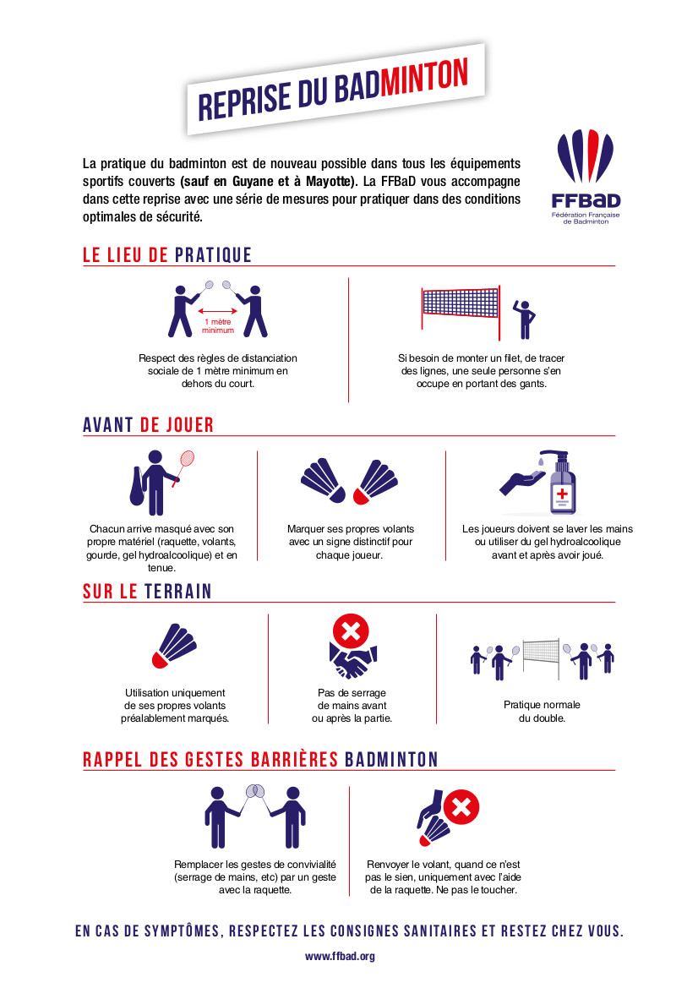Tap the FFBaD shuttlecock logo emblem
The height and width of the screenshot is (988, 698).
click(586, 156)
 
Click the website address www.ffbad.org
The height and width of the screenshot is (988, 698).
click(341, 956)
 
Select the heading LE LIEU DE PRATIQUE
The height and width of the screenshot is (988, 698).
click(167, 255)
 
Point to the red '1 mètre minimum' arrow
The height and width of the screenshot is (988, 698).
click(218, 311)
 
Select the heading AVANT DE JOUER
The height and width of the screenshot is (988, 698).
click(148, 425)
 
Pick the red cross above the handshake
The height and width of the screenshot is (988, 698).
click(351, 630)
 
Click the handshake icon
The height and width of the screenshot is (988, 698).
click(352, 661)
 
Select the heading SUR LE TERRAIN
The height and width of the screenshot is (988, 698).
click(147, 592)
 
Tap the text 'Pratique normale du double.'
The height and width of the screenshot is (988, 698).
click(542, 712)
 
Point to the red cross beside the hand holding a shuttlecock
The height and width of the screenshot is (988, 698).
click(461, 807)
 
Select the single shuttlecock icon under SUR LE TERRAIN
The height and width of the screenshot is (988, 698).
click(174, 646)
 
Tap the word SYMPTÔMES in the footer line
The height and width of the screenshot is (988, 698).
click(182, 931)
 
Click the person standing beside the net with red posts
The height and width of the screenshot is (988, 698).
click(524, 319)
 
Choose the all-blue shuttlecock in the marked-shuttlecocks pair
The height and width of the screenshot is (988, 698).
click(323, 480)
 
